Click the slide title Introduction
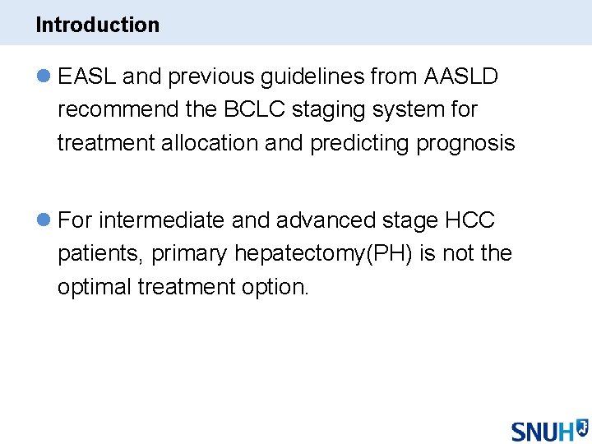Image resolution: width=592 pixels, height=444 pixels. pos(97,25)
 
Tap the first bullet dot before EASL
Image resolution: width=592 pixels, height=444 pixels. pos(44,76)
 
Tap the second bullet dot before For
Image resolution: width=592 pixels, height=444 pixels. pos(44,220)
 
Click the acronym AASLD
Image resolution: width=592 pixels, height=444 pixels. pos(460,76)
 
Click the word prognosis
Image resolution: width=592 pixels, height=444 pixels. pos(465,143)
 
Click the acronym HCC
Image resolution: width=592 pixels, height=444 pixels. pos(469,220)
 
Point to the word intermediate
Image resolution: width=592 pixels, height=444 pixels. pos(161,220)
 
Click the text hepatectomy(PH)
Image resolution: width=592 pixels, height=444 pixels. pos(324,254)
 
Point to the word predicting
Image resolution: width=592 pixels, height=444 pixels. pos(360,143)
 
